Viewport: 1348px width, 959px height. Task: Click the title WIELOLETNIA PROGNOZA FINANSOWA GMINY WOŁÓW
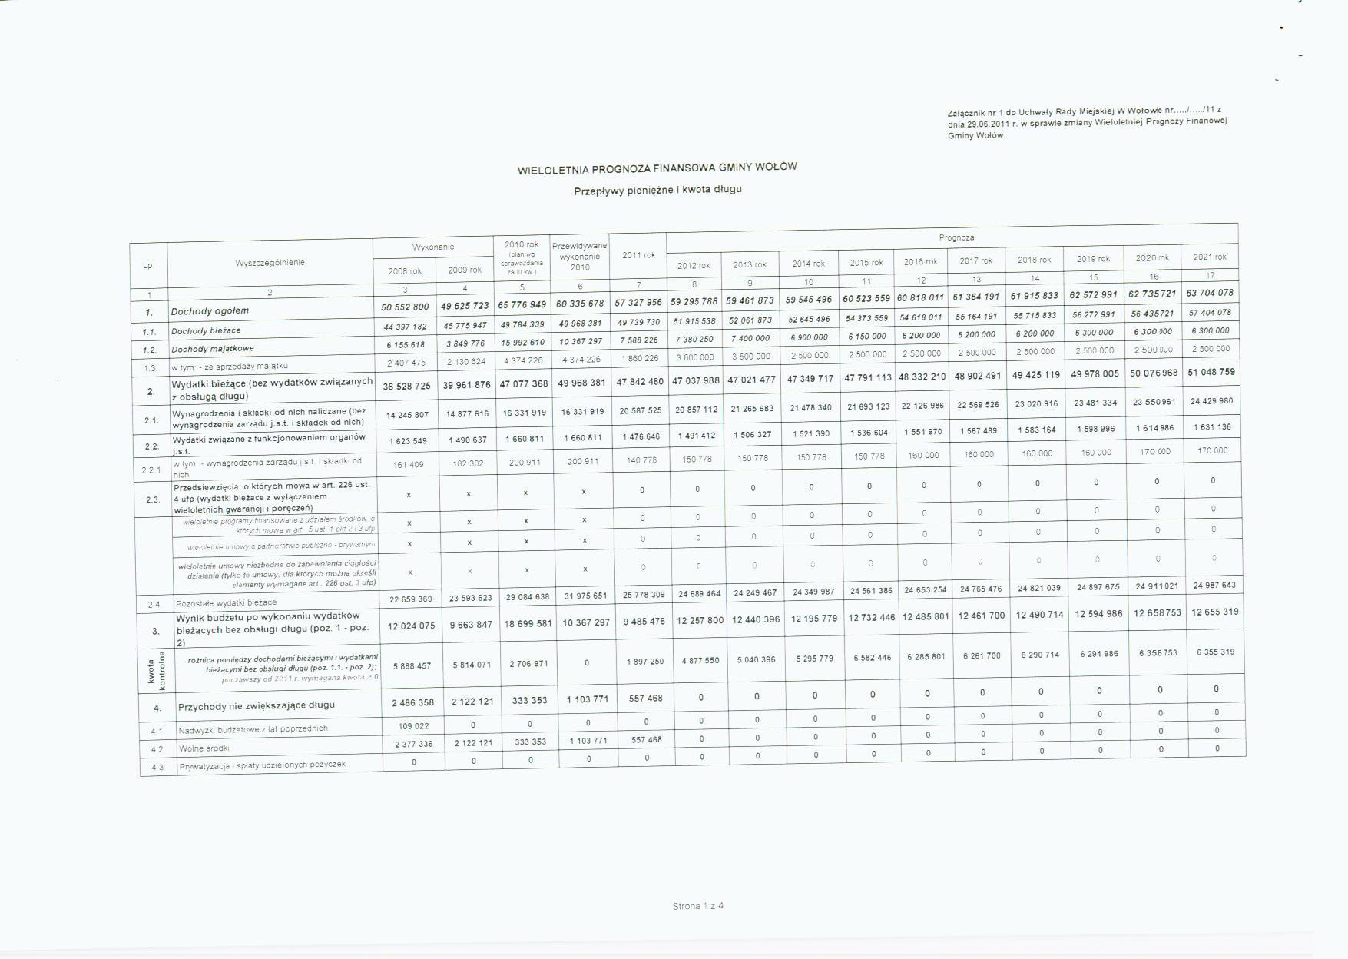pyautogui.click(x=657, y=168)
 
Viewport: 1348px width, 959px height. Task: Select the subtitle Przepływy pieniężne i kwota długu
pyautogui.click(x=657, y=190)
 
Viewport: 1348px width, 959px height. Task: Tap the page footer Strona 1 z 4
pyautogui.click(x=697, y=906)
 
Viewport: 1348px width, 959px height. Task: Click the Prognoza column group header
pyautogui.click(x=956, y=237)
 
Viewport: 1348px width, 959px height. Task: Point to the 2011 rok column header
pyautogui.click(x=638, y=255)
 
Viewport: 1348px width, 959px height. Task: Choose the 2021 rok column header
pyautogui.click(x=1209, y=257)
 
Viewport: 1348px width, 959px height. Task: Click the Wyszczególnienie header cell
pyautogui.click(x=270, y=263)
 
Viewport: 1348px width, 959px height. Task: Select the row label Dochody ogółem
pyautogui.click(x=210, y=311)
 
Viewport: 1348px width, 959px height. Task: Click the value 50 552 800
pyautogui.click(x=405, y=307)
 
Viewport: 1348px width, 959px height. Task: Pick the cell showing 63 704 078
pyautogui.click(x=1210, y=293)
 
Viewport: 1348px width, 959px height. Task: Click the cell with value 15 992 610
pyautogui.click(x=522, y=343)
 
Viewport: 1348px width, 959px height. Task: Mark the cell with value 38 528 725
pyautogui.click(x=406, y=386)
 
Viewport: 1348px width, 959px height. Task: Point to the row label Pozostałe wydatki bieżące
pyautogui.click(x=226, y=603)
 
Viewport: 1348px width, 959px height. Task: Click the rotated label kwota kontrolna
pyautogui.click(x=157, y=670)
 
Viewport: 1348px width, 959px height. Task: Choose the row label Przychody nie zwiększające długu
pyautogui.click(x=256, y=705)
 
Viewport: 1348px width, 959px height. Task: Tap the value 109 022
pyautogui.click(x=413, y=725)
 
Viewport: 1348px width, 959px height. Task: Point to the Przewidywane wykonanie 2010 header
pyautogui.click(x=580, y=257)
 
